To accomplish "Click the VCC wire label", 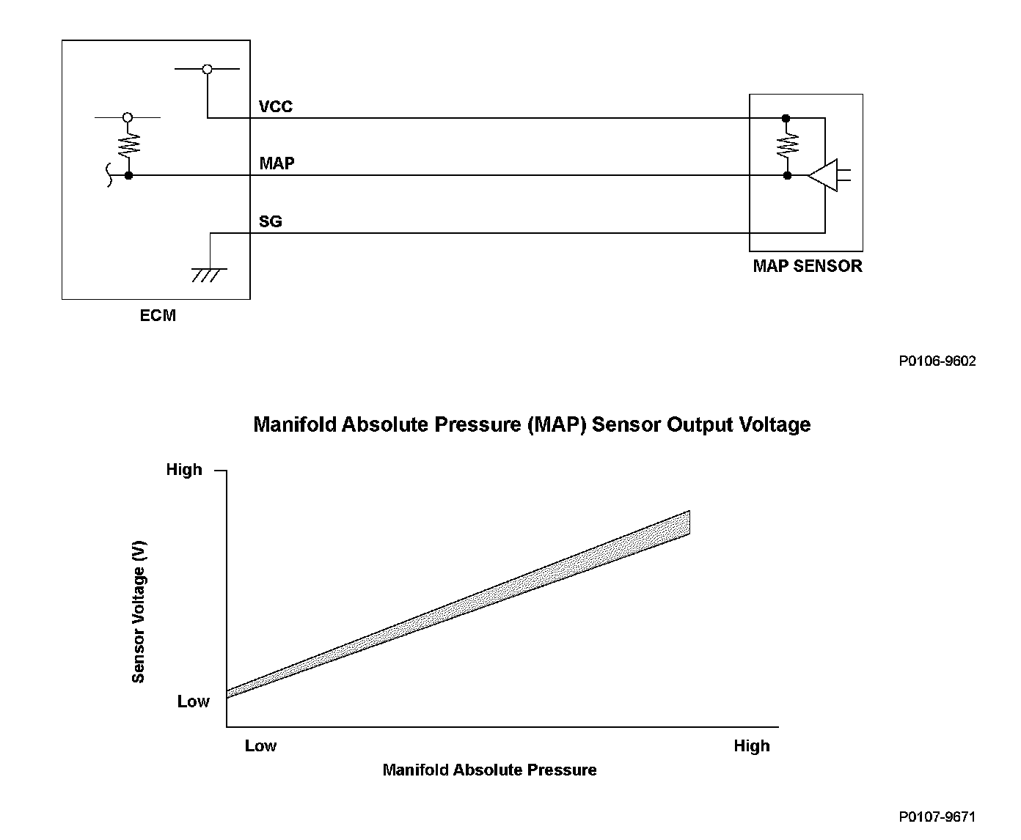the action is click(276, 106).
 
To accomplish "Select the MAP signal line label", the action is click(277, 163).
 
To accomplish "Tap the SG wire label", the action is click(270, 221).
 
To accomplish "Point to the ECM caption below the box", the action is click(158, 315).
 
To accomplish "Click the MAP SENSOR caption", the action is click(808, 266).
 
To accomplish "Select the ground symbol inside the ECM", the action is click(209, 275).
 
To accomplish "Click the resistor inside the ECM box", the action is click(129, 145).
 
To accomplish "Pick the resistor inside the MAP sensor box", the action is click(787, 145).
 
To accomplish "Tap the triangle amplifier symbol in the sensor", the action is click(829, 175).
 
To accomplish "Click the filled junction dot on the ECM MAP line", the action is click(128, 176).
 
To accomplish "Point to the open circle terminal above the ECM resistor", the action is click(128, 117).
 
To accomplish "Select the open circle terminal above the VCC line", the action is click(207, 69).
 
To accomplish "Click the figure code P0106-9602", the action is click(937, 361).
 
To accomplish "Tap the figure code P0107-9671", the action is click(937, 817).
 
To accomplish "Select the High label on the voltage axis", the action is click(184, 469).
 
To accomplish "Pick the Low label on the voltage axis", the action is click(193, 701).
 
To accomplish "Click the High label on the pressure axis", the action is click(752, 745).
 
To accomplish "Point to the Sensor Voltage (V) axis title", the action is click(139, 611).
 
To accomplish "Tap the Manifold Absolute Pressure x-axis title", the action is click(489, 770).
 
